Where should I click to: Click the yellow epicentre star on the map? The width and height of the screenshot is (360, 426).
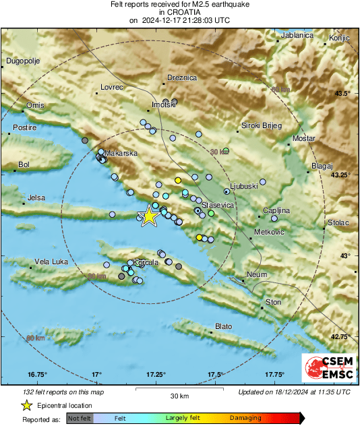click(148, 216)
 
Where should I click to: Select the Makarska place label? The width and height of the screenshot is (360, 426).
click(121, 153)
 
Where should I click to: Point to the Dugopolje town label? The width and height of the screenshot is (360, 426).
click(24, 61)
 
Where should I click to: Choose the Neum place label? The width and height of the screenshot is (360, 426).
click(258, 275)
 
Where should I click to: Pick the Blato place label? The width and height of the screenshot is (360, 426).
click(223, 326)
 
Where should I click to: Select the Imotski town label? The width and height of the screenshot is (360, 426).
click(164, 106)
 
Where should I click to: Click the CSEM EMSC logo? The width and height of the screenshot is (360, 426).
click(325, 367)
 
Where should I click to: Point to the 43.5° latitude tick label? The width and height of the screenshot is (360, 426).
click(342, 93)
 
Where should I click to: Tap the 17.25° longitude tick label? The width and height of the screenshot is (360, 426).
click(156, 374)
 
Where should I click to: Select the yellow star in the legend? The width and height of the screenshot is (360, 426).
click(26, 405)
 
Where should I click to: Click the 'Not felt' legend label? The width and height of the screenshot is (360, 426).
click(80, 419)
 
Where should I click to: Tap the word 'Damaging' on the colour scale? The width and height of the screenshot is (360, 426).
click(245, 419)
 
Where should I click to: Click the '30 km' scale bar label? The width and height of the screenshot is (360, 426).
click(179, 395)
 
